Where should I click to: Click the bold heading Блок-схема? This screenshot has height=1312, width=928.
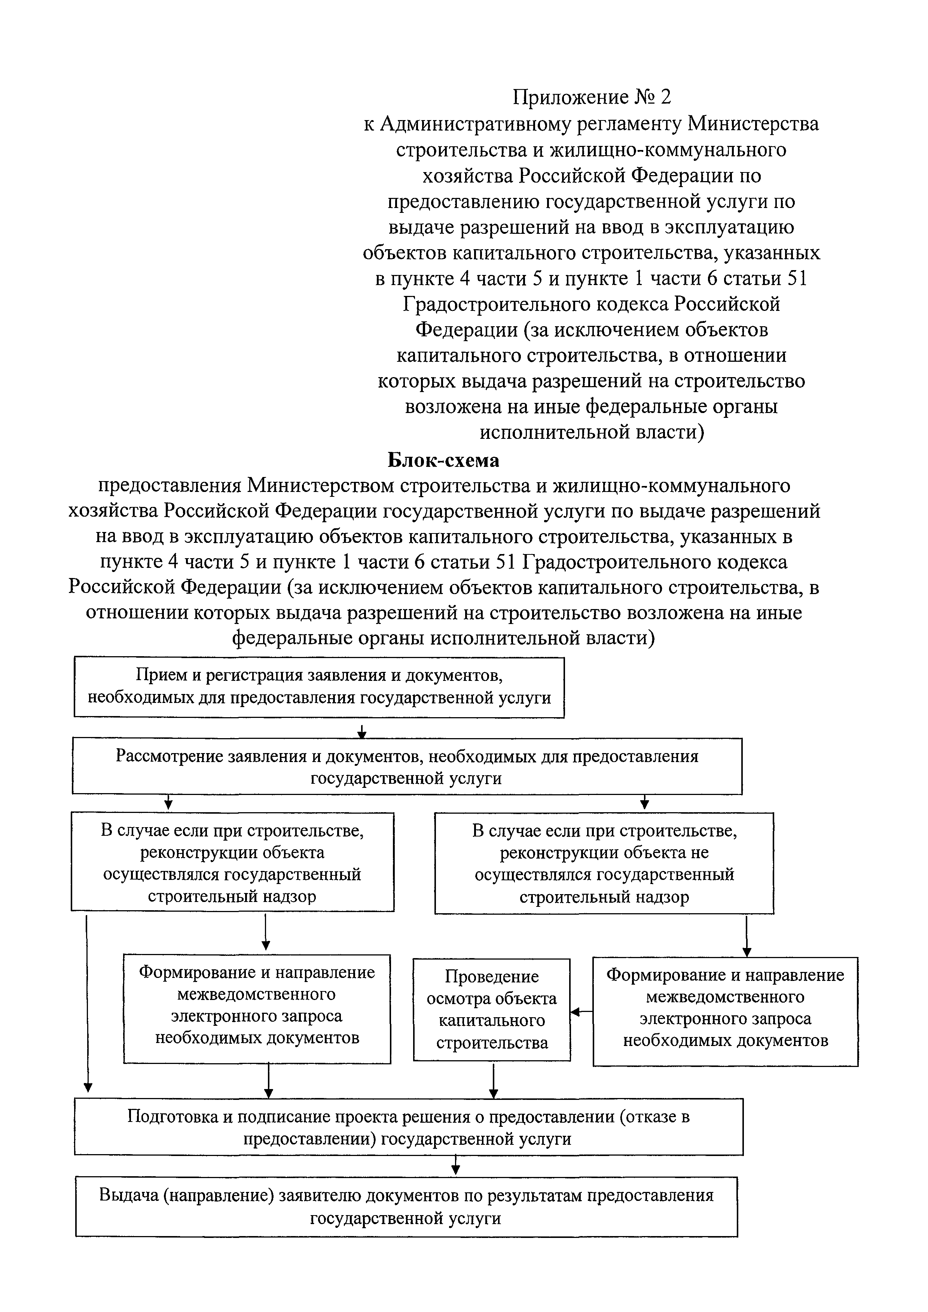443,460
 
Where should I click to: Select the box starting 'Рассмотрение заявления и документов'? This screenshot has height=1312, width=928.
406,766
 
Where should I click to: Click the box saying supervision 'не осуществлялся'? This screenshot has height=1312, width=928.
604,863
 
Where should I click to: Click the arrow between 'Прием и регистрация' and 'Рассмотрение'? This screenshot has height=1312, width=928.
361,731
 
